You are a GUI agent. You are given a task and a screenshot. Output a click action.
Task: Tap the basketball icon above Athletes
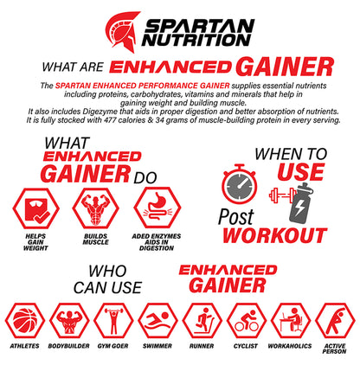(24, 320)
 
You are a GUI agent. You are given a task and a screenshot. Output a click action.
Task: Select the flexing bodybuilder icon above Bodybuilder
(68, 320)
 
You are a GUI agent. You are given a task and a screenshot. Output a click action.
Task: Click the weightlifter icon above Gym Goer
(113, 320)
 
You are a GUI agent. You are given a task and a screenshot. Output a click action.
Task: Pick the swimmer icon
(157, 320)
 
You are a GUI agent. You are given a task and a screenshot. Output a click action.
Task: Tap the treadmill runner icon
(202, 320)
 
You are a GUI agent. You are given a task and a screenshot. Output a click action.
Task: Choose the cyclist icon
(247, 320)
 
